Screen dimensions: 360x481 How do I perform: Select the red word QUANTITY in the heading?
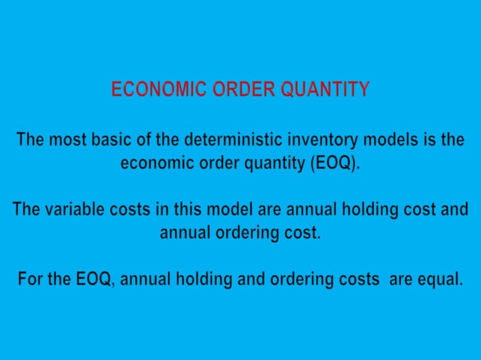click(x=326, y=90)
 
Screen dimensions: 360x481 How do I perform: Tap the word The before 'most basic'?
click(x=31, y=140)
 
